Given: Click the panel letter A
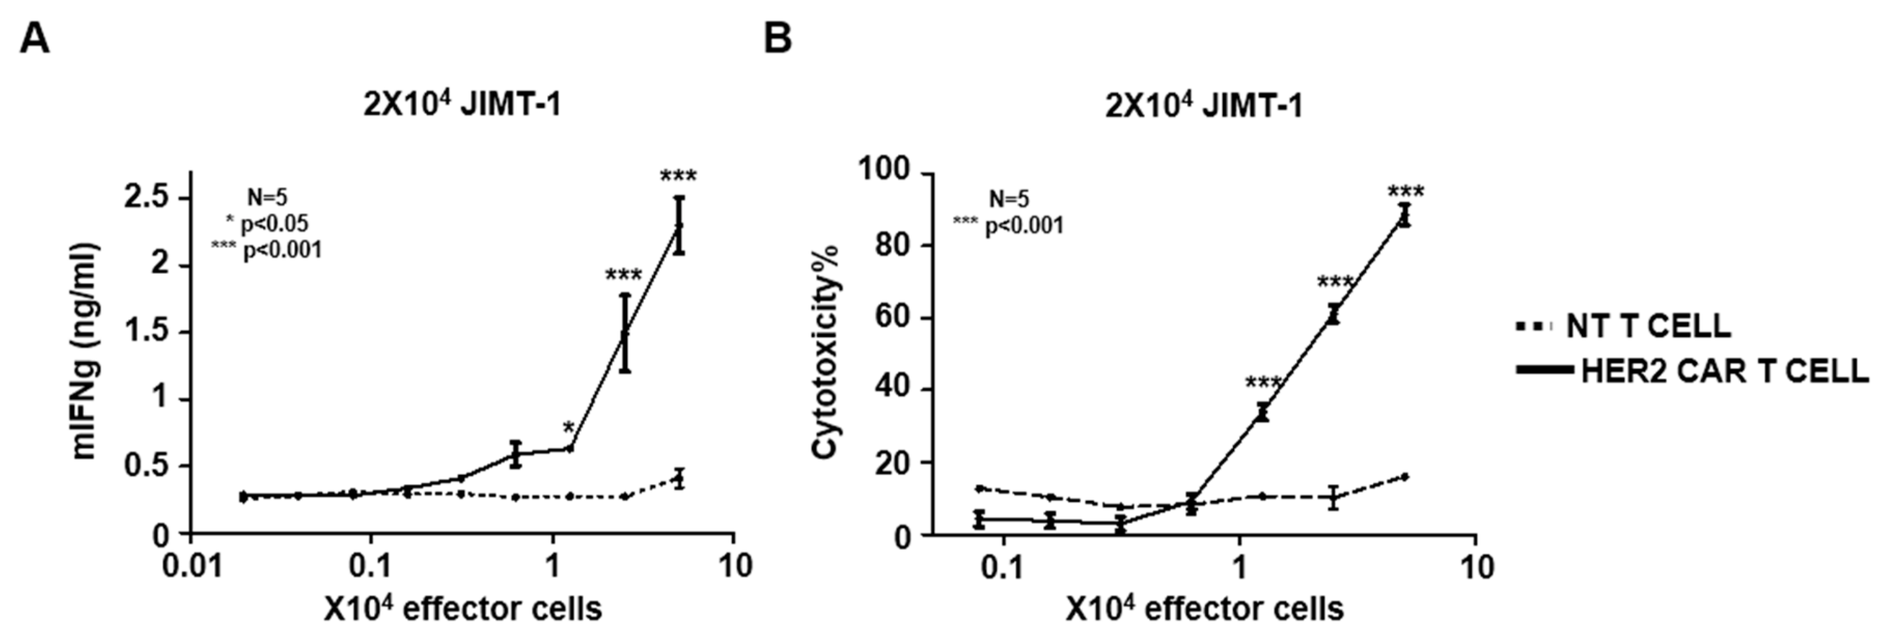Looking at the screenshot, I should pyautogui.click(x=35, y=39).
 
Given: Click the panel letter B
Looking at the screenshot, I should pyautogui.click(x=778, y=39).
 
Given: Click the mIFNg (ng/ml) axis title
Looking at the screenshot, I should pyautogui.click(x=87, y=352).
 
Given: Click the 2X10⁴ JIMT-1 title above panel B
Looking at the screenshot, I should pyautogui.click(x=1204, y=107).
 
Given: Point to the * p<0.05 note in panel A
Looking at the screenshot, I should pyautogui.click(x=267, y=224).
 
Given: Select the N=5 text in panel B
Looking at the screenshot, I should pyautogui.click(x=1009, y=198).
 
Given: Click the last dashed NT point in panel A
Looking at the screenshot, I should pyautogui.click(x=679, y=480).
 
